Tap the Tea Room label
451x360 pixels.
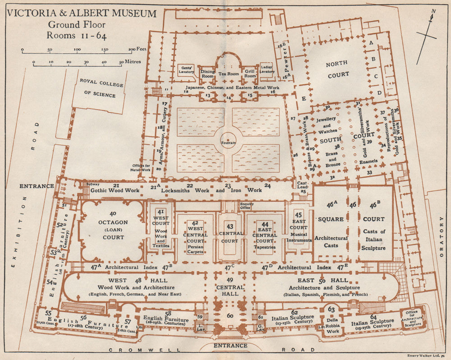[x=228, y=74]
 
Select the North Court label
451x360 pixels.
[x=337, y=68]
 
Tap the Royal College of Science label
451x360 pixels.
[x=98, y=88]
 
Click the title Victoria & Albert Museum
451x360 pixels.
[x=82, y=14]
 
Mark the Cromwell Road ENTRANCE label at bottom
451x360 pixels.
[x=230, y=346]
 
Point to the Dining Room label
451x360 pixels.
[x=207, y=73]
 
